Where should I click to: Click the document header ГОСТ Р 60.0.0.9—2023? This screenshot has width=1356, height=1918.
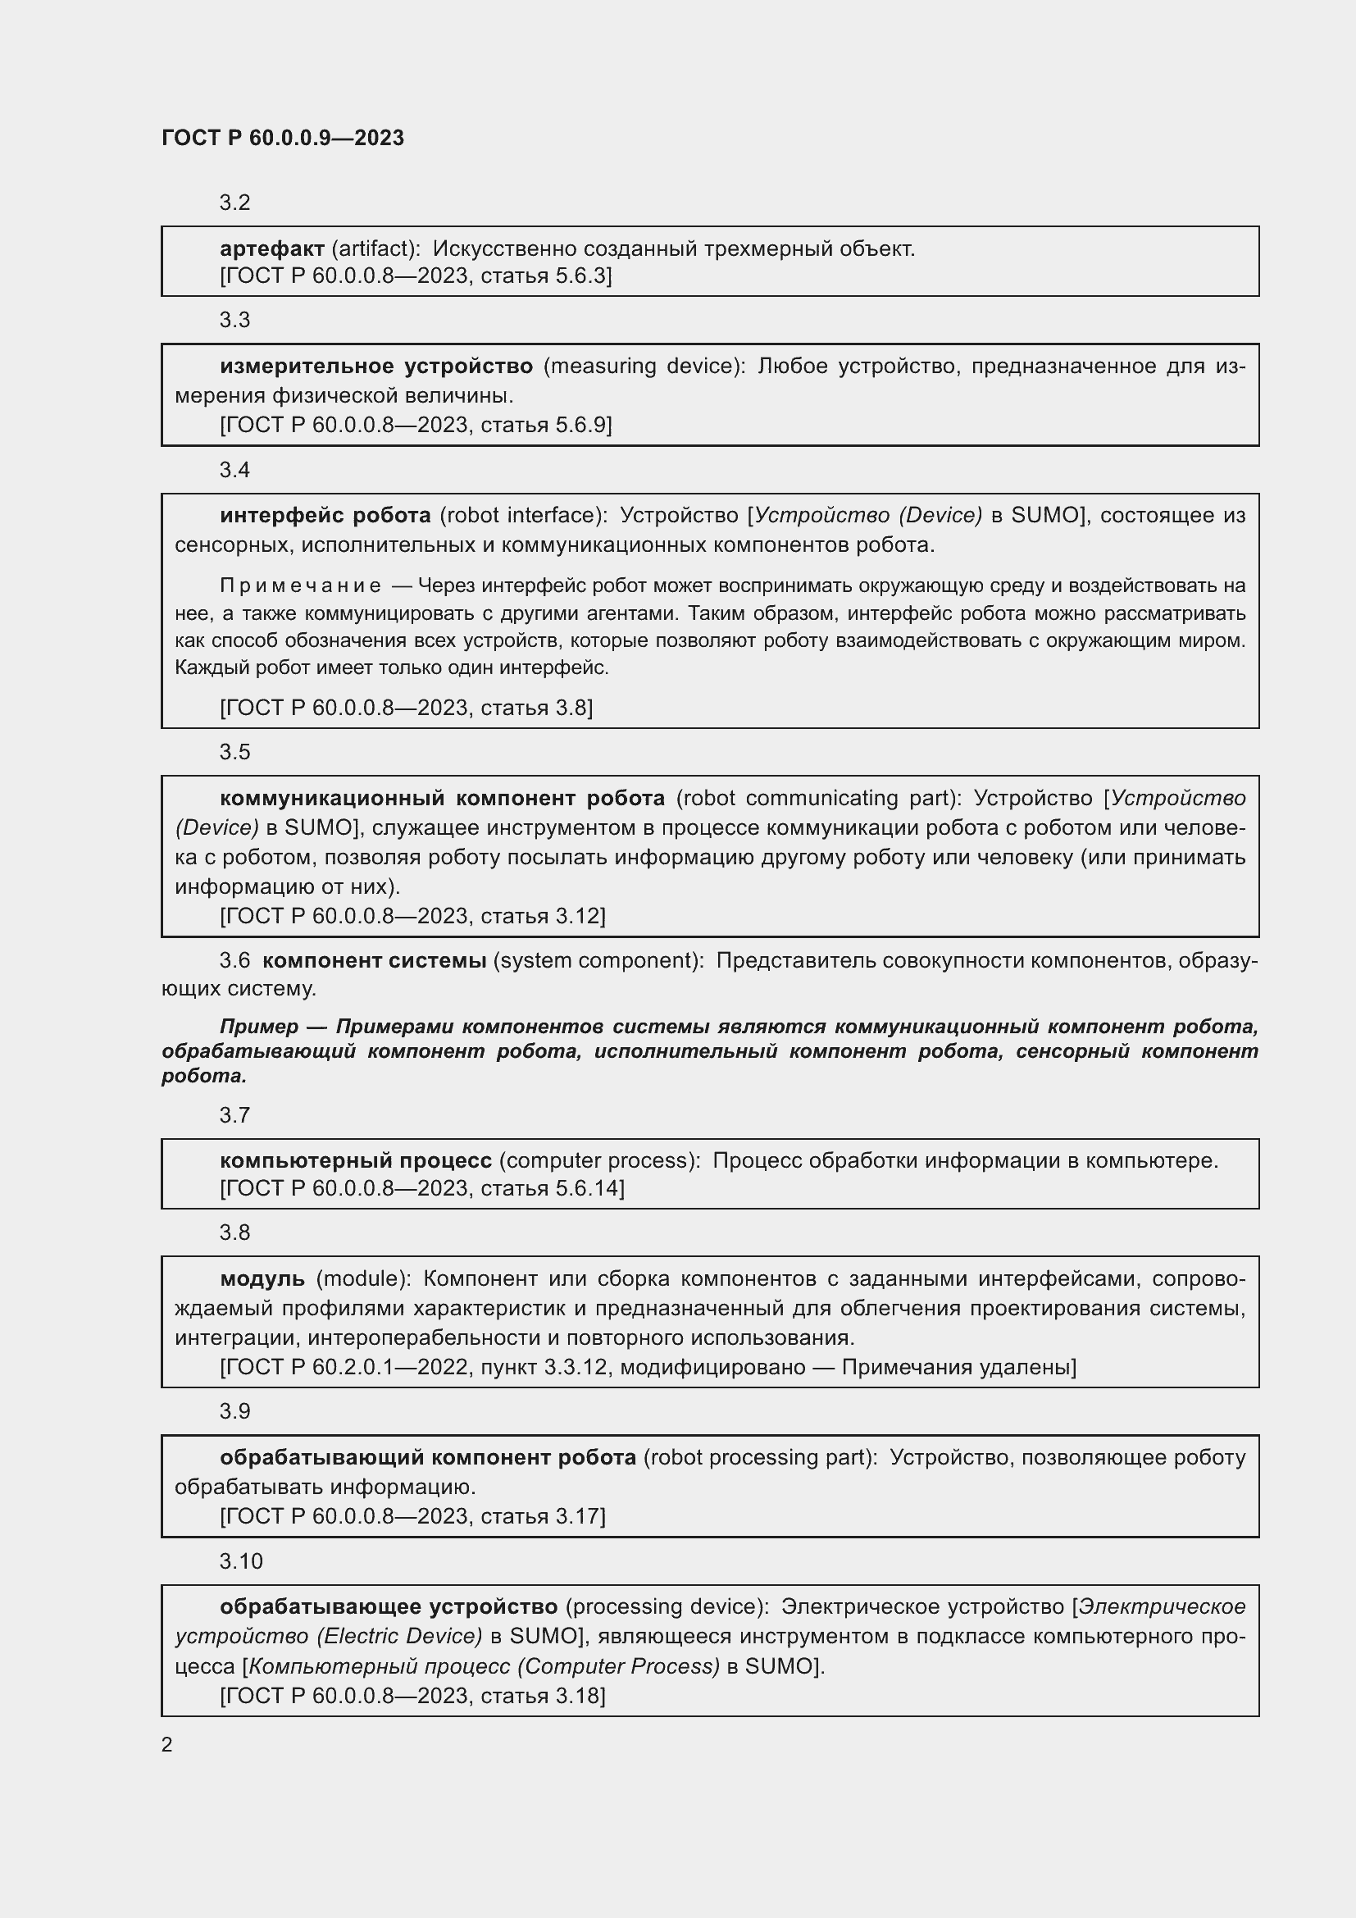click(282, 138)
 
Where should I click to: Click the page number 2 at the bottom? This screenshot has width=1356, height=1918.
click(167, 1745)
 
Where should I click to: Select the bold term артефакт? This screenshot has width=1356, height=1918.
click(272, 248)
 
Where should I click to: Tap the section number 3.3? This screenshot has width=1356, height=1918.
click(234, 320)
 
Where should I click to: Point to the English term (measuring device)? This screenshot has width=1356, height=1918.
click(644, 366)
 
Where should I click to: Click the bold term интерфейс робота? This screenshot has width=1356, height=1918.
click(325, 516)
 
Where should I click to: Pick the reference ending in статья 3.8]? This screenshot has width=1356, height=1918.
click(407, 708)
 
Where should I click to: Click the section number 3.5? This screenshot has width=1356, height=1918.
click(234, 752)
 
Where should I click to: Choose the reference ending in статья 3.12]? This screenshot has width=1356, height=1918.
click(412, 916)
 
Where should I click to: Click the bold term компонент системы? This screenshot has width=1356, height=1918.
click(374, 961)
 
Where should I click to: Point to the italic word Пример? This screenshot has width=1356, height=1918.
click(259, 1026)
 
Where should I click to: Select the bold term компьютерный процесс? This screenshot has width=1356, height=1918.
click(356, 1160)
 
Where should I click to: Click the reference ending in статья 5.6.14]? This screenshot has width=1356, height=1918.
click(421, 1188)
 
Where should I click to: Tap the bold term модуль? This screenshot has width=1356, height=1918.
click(262, 1278)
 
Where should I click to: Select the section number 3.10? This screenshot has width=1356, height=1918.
click(240, 1561)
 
